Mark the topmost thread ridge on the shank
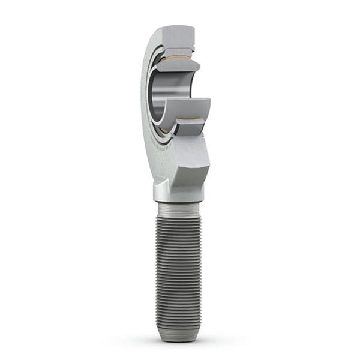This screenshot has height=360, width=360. click(179, 217)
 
